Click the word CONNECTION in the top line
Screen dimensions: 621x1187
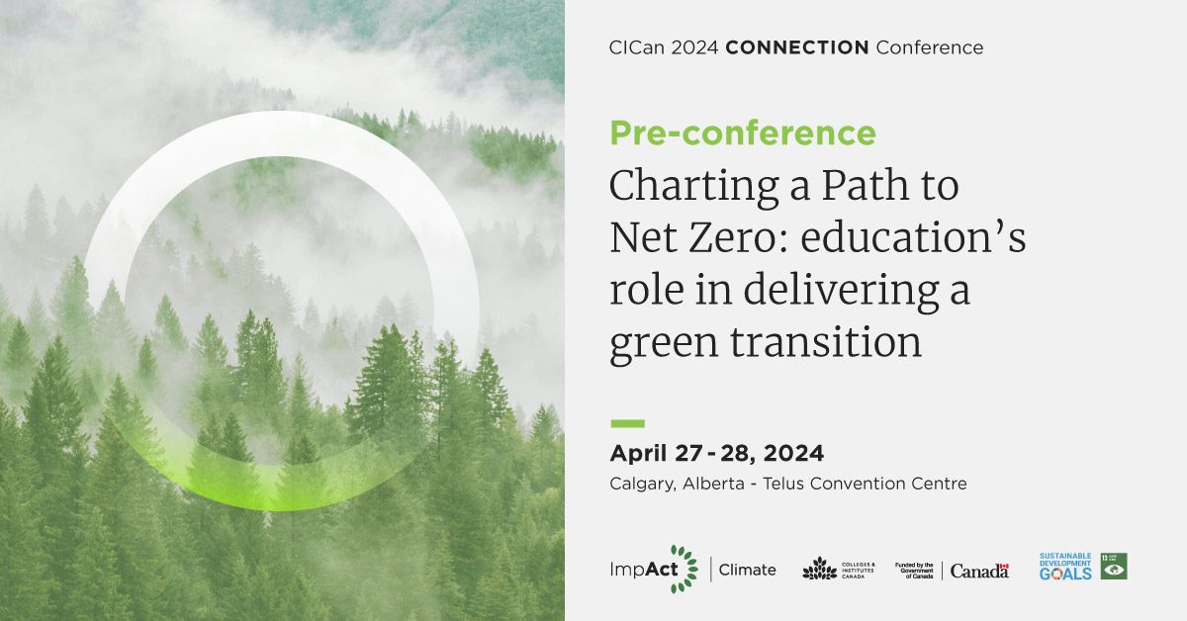797,47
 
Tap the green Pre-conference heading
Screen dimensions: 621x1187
743,133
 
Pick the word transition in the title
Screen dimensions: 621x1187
826,342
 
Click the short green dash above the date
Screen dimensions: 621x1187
627,423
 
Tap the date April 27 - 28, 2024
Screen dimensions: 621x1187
717,454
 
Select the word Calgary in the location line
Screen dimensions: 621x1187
644,484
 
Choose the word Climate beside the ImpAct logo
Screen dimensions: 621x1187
747,570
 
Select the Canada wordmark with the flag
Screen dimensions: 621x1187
979,571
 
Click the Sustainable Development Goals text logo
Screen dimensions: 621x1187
1065,567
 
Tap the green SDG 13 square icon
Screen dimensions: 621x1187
1114,566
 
